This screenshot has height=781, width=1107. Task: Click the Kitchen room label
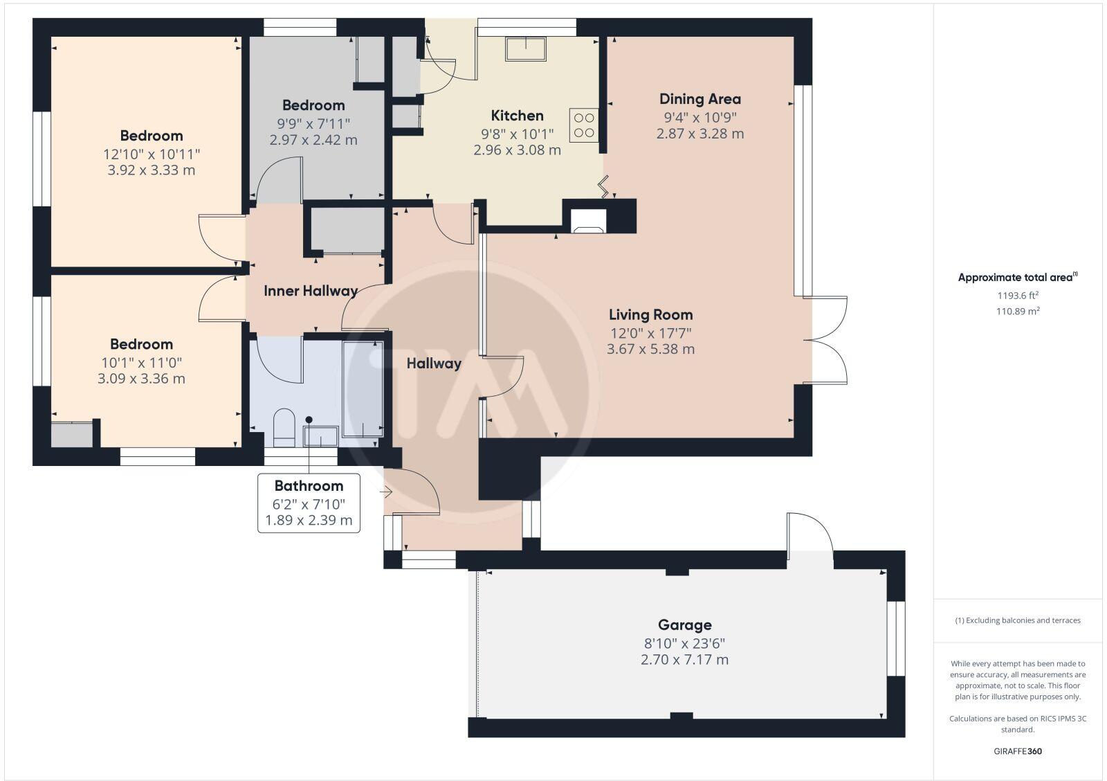click(x=517, y=116)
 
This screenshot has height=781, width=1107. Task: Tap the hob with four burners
click(x=583, y=125)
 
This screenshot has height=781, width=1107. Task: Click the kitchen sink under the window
click(x=525, y=48)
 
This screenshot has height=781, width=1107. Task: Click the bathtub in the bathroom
click(x=363, y=388)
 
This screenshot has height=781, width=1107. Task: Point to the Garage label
click(x=684, y=625)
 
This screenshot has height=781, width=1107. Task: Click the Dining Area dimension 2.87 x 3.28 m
click(x=699, y=134)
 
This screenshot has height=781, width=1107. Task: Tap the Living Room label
click(x=650, y=314)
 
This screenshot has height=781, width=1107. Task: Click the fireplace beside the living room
click(x=588, y=220)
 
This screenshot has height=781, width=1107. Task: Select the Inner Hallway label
click(x=310, y=291)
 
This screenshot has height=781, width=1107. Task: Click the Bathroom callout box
click(x=309, y=503)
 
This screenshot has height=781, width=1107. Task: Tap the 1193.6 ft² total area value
click(x=1018, y=296)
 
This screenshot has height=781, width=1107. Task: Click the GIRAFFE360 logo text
click(x=1018, y=751)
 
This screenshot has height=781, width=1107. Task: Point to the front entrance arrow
click(x=386, y=492)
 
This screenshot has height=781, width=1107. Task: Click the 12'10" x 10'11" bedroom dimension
click(x=152, y=154)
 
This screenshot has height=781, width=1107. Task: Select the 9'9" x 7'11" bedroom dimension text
click(x=313, y=123)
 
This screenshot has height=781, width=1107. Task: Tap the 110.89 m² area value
click(x=1018, y=312)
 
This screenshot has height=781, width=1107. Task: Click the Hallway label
click(x=433, y=363)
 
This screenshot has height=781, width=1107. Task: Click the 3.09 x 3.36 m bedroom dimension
click(x=141, y=379)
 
